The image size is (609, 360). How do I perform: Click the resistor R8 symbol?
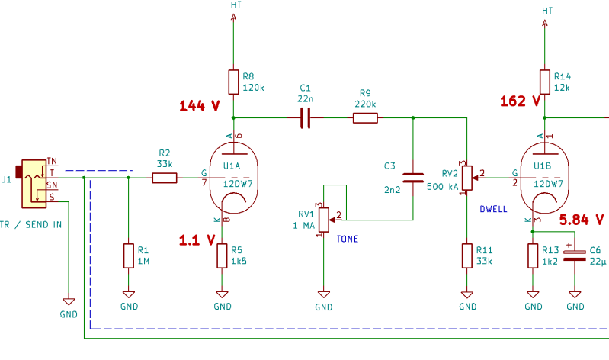tap(233, 82)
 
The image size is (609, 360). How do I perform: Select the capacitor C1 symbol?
tap(306, 118)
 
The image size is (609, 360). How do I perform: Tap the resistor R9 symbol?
tap(365, 118)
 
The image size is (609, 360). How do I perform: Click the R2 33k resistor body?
tap(164, 178)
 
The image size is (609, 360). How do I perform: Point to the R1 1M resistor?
tap(128, 256)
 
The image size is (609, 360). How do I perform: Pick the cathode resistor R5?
tap(223, 255)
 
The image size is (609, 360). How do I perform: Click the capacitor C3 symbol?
tap(412, 178)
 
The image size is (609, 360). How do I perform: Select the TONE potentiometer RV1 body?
tap(324, 220)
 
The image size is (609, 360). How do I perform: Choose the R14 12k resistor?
tap(544, 82)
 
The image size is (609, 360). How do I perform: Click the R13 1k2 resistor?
tap(533, 256)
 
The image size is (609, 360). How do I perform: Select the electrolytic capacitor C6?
tap(576, 255)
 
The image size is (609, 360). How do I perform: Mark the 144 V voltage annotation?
tap(199, 106)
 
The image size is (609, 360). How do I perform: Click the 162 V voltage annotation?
tap(520, 100)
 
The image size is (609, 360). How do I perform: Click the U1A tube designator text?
tap(232, 166)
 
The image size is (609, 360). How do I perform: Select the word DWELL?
tap(493, 209)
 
